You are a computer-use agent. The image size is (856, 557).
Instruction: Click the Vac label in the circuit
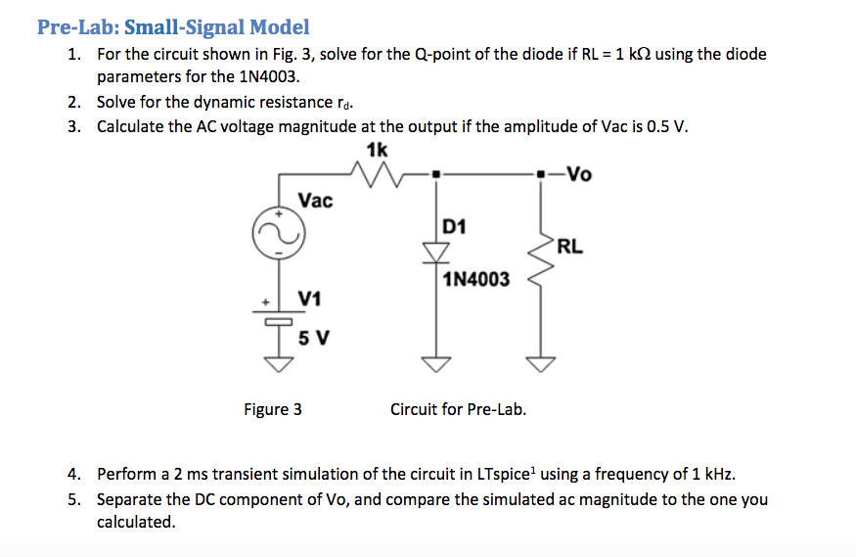tap(316, 201)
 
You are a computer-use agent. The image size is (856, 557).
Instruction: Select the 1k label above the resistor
tap(377, 149)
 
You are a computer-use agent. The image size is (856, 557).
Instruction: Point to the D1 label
tap(454, 227)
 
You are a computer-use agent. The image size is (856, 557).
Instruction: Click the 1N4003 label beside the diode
tap(475, 280)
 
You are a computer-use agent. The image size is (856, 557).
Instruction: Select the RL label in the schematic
tap(570, 247)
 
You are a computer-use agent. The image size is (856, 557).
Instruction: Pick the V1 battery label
tap(311, 297)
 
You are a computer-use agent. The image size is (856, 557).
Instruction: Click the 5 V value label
tap(313, 339)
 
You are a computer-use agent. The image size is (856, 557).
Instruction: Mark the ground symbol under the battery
tap(280, 364)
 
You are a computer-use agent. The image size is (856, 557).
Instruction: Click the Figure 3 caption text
tap(272, 409)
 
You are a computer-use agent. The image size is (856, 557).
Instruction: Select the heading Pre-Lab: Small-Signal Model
tap(173, 27)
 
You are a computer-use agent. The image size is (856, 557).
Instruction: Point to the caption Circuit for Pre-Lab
tap(458, 409)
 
